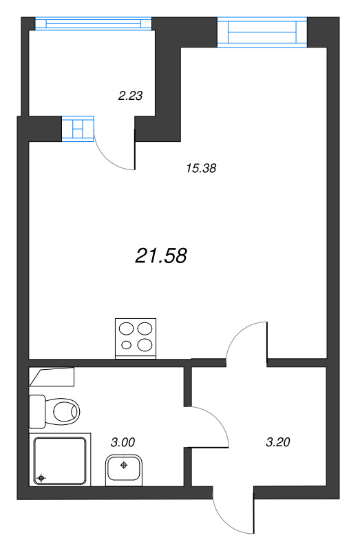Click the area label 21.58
[x=162, y=256]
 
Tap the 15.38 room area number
[x=202, y=167]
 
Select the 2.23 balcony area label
[x=130, y=96]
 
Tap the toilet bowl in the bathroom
[x=65, y=413]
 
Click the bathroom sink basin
[x=124, y=470]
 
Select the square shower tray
[x=60, y=460]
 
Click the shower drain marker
[x=42, y=477]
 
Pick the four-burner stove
[x=136, y=338]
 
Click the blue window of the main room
[x=262, y=32]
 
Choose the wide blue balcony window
[x=92, y=23]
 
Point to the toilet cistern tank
[x=37, y=410]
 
